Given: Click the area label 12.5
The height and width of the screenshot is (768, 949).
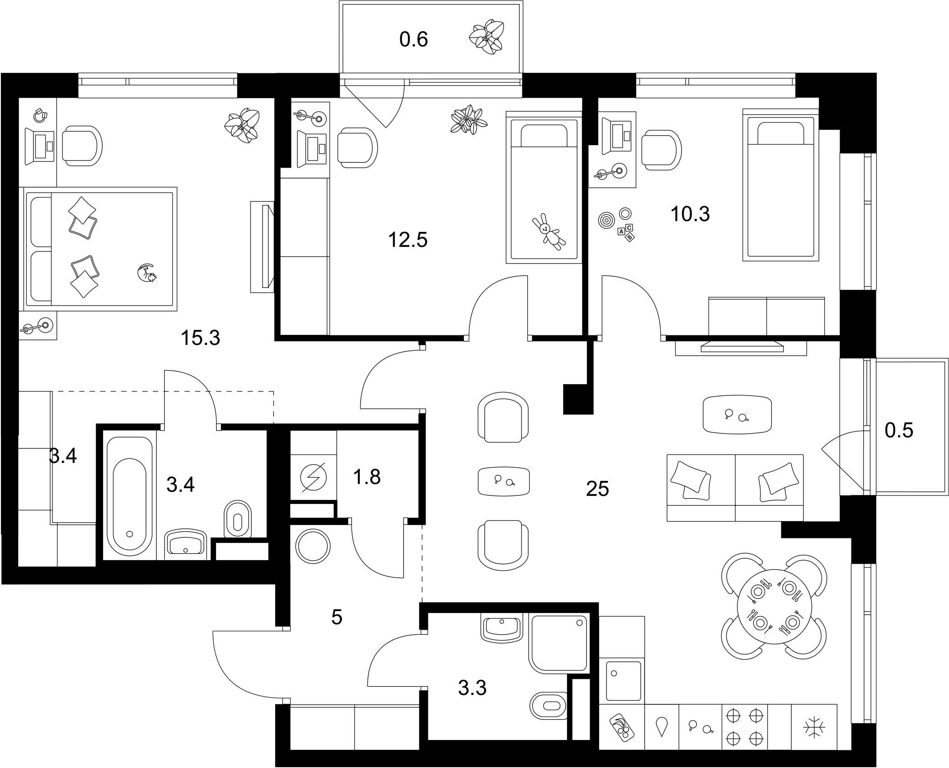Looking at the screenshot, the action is [x=408, y=240].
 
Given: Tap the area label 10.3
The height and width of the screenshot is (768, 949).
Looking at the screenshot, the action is [x=690, y=214].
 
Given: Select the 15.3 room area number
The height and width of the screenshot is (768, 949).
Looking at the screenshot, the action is [x=200, y=338].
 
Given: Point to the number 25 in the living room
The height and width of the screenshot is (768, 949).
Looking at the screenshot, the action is [x=597, y=489].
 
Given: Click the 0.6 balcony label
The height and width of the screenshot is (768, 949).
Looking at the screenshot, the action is [x=413, y=39].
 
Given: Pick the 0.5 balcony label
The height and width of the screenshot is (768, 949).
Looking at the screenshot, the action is [x=899, y=430].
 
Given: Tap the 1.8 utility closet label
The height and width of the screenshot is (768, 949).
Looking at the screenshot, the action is [x=367, y=477].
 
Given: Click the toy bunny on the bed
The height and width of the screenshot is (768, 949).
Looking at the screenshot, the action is [x=549, y=232].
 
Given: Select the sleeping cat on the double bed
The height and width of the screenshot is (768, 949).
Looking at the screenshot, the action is [x=147, y=273].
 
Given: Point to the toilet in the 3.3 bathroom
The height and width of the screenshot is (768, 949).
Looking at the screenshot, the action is [x=548, y=706].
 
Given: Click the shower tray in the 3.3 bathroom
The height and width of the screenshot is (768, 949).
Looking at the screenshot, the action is [x=560, y=643].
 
